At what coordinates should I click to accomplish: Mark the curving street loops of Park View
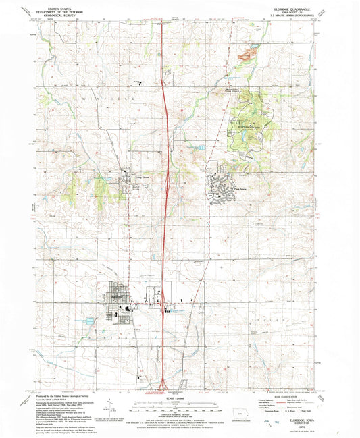click(220, 191)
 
